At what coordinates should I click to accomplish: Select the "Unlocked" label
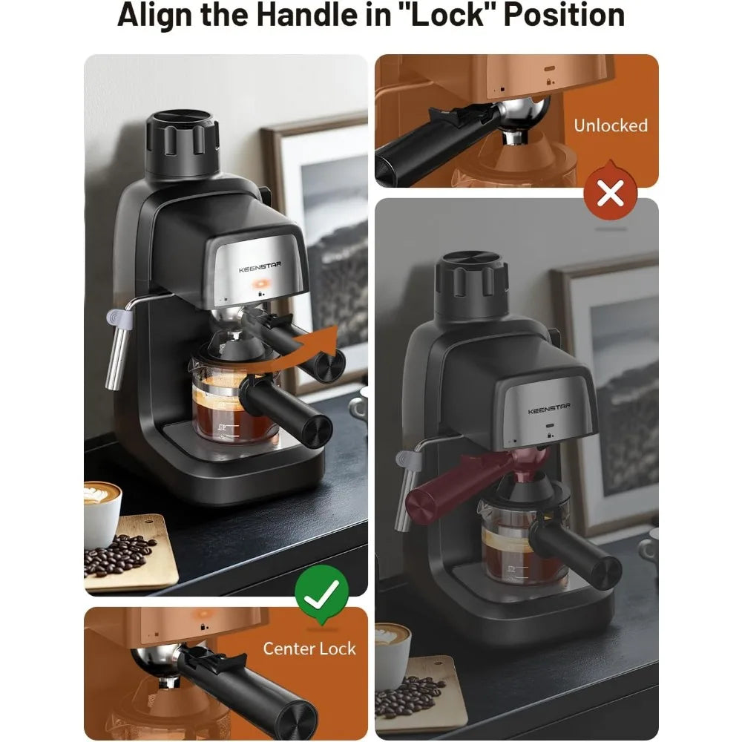[610, 125]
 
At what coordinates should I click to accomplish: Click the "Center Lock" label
[309, 649]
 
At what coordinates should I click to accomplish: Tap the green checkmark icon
[321, 591]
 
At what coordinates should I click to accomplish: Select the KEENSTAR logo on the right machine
[549, 410]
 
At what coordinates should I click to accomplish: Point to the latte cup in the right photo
[392, 653]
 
